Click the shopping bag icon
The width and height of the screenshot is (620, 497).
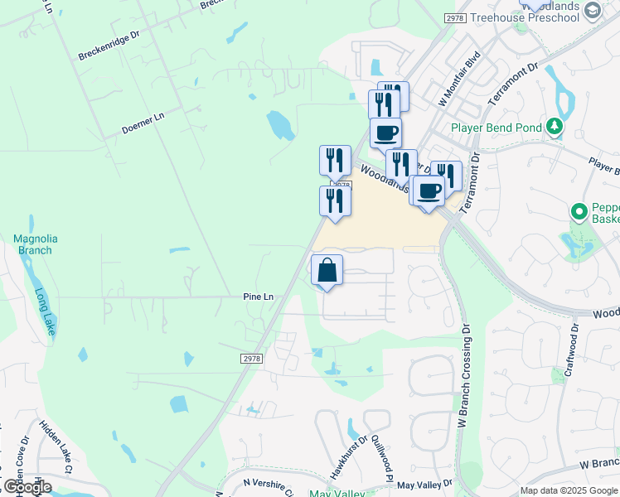(327, 270)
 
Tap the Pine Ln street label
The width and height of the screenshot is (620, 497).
(259, 297)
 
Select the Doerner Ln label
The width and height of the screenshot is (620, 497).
(143, 123)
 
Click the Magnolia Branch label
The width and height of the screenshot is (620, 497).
(33, 244)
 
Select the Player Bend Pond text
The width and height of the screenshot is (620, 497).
(496, 128)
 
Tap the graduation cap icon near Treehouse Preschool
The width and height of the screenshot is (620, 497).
(592, 10)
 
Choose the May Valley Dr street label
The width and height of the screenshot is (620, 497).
(424, 484)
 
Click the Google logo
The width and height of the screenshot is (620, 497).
(27, 486)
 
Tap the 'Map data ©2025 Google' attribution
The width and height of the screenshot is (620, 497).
(568, 490)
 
